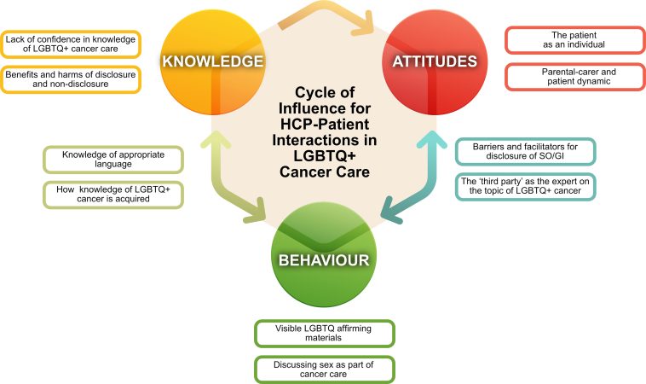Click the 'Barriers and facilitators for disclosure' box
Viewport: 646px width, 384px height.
click(525, 151)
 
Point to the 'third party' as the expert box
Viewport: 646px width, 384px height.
click(525, 187)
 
